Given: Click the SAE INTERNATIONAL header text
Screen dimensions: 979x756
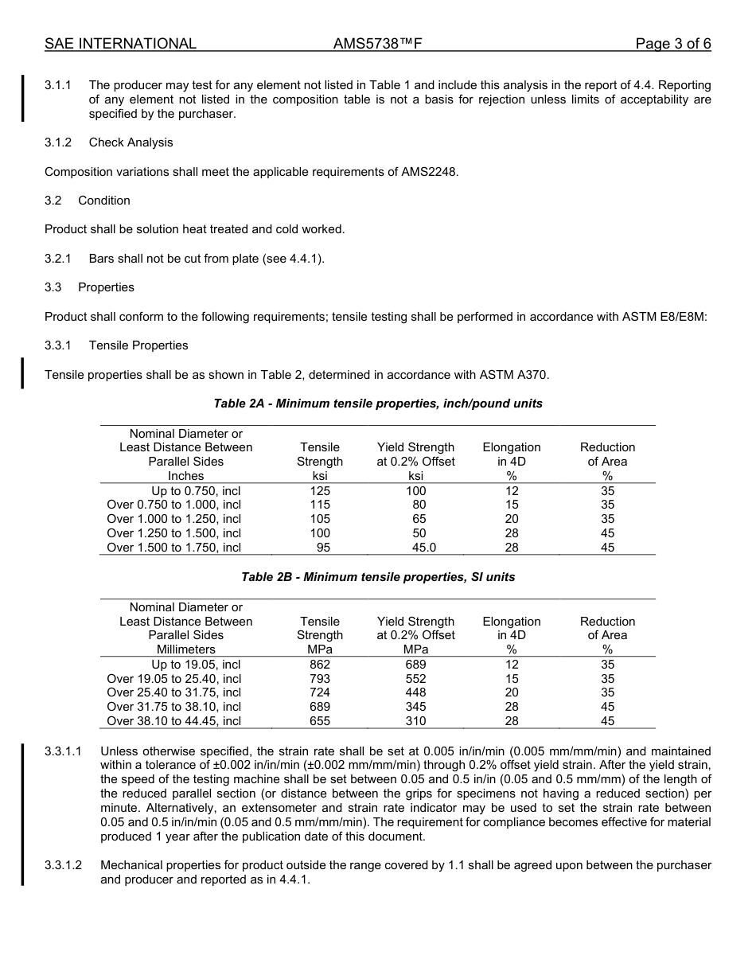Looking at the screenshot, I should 120,44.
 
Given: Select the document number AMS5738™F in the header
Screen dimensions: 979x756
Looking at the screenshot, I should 377,44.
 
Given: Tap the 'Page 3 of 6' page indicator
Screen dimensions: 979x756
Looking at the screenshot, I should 672,44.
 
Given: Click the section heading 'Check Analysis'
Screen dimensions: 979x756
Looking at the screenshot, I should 131,142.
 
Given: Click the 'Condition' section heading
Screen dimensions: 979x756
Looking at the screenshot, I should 104,201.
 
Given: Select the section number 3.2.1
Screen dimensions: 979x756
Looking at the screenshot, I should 58,259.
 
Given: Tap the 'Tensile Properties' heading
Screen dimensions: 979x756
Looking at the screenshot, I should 138,345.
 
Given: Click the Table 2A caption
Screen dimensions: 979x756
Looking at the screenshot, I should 378,404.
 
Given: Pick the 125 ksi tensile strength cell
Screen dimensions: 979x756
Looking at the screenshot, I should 320,491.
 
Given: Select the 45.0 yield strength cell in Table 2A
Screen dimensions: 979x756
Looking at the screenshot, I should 423,548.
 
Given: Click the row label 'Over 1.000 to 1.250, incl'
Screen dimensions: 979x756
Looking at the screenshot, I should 173,519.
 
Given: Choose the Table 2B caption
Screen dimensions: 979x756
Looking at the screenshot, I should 378,577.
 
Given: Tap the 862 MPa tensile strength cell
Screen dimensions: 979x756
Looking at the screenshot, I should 320,665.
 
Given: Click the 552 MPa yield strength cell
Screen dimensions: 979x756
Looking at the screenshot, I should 415,679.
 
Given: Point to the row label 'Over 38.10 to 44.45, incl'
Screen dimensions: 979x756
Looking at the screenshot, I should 173,721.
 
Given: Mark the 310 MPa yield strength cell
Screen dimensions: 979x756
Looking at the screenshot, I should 415,721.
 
